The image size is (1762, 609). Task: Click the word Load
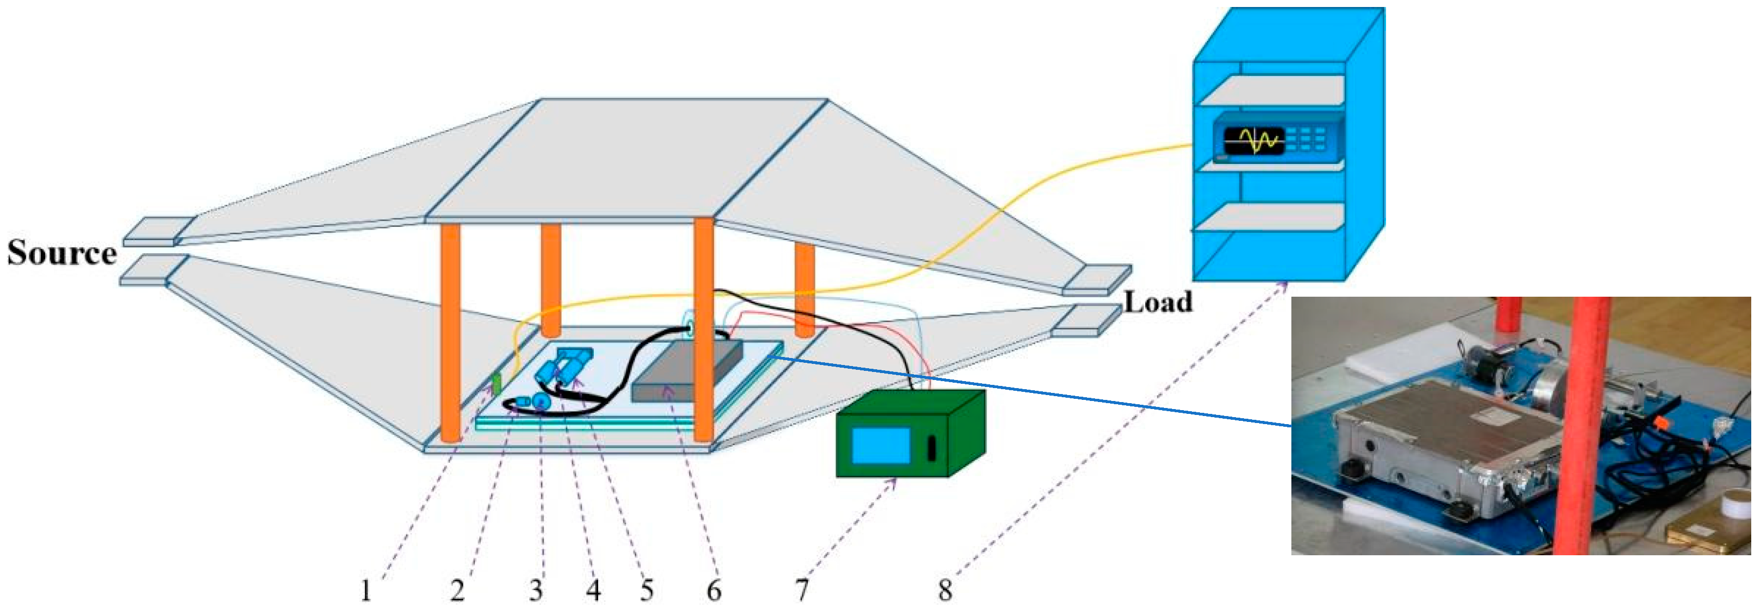1158,302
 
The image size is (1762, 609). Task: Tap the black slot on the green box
932,448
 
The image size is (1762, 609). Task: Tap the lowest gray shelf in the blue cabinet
1269,217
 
